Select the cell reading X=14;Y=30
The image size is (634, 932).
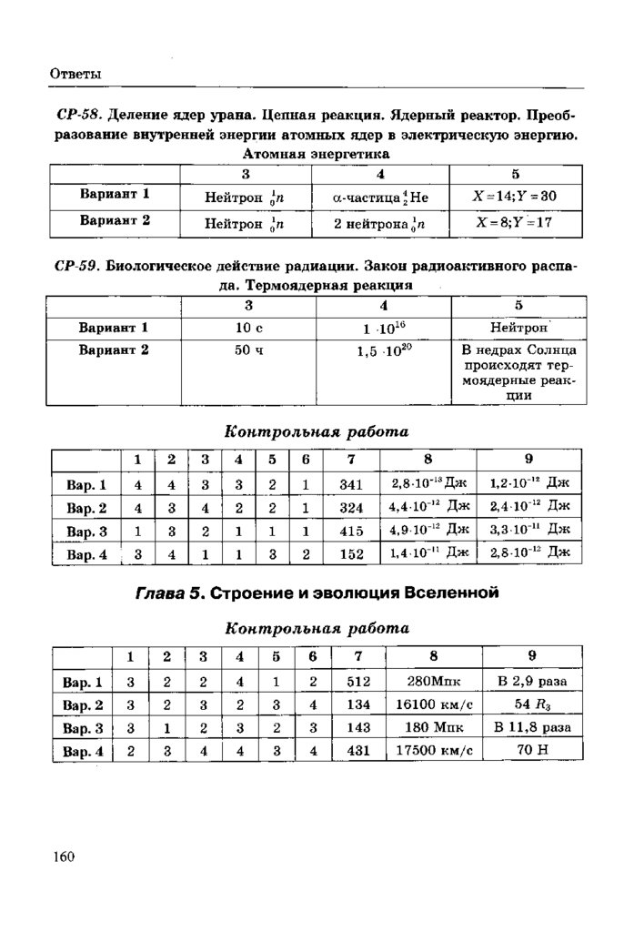pyautogui.click(x=515, y=196)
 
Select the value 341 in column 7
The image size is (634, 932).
pyautogui.click(x=350, y=485)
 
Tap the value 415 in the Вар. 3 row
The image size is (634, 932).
pyautogui.click(x=350, y=530)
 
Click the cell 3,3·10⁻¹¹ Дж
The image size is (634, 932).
pyautogui.click(x=529, y=529)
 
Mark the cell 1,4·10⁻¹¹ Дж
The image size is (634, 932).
pyautogui.click(x=429, y=552)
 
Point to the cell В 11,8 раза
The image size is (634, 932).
pyautogui.click(x=533, y=727)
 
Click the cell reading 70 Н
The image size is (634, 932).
pyautogui.click(x=533, y=751)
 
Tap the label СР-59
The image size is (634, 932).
pyautogui.click(x=76, y=268)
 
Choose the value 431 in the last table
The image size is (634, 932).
pyautogui.click(x=356, y=751)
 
